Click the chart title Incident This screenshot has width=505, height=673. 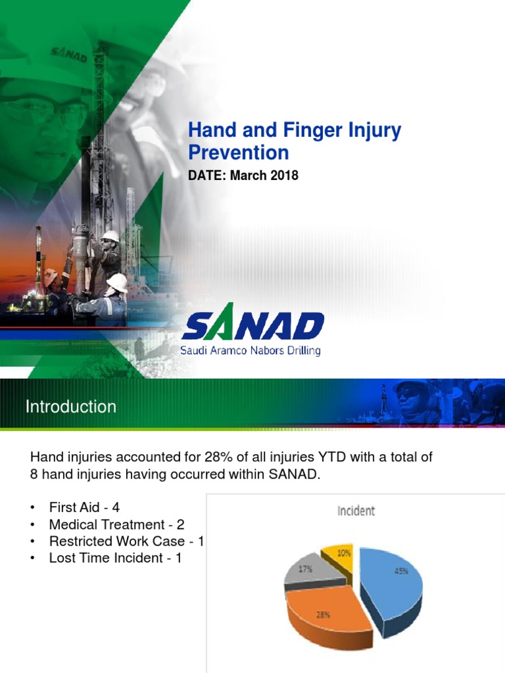[356, 510]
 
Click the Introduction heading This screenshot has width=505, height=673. [71, 407]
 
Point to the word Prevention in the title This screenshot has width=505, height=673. [239, 153]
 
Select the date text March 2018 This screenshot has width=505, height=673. [264, 176]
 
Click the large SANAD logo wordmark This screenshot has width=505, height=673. [253, 327]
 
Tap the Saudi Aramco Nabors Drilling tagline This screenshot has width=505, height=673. [251, 351]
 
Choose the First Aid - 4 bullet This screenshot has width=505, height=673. [84, 507]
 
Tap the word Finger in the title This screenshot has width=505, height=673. [308, 130]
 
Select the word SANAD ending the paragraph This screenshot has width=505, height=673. [296, 474]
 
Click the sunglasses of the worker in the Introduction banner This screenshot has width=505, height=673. [411, 394]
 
